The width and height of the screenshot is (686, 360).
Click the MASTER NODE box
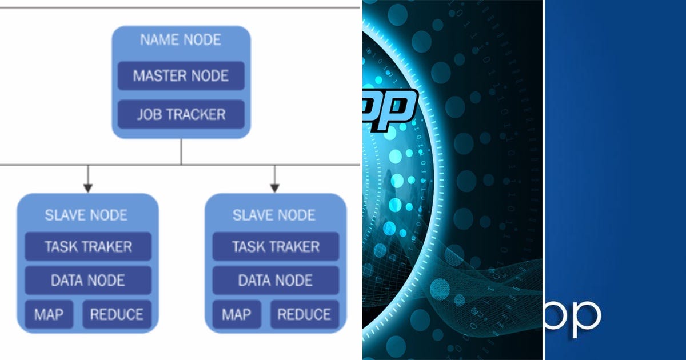pyautogui.click(x=181, y=76)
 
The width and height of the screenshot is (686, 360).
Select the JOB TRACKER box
pyautogui.click(x=181, y=114)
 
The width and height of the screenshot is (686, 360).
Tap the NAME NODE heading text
pyautogui.click(x=181, y=41)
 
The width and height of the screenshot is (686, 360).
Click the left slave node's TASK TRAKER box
pyautogui.click(x=88, y=247)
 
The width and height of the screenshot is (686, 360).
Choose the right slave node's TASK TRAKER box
pyautogui.click(x=276, y=247)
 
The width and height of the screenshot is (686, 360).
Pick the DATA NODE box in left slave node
pyautogui.click(x=88, y=281)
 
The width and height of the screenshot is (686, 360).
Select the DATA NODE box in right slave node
pyautogui.click(x=276, y=281)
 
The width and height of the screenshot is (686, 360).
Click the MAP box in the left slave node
pyautogui.click(x=49, y=314)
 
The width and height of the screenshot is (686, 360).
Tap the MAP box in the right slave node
pyautogui.click(x=236, y=314)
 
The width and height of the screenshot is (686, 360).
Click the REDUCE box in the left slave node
pyautogui.click(x=117, y=314)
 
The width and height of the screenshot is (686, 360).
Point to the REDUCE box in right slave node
pyautogui.click(x=304, y=314)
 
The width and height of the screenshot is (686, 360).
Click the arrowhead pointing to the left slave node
pyautogui.click(x=87, y=187)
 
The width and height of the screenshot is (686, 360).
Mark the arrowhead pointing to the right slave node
pyautogui.click(x=274, y=187)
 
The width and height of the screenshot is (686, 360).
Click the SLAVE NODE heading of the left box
pyautogui.click(x=86, y=215)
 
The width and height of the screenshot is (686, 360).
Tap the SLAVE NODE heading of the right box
pyautogui.click(x=274, y=215)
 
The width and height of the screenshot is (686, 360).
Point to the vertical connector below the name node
pyautogui.click(x=181, y=151)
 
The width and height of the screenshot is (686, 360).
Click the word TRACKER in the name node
pyautogui.click(x=196, y=114)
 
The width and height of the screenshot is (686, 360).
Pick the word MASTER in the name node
pyautogui.click(x=157, y=76)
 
